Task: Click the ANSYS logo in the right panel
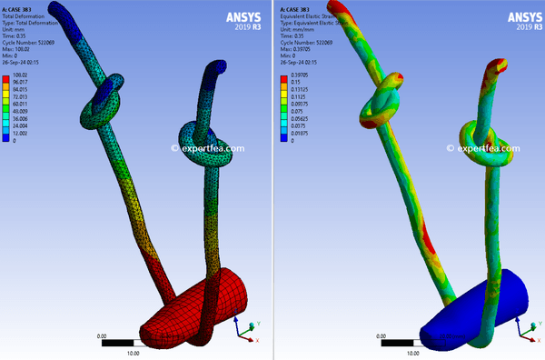[x=510, y=19]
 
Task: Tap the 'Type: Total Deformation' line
[x=33, y=22]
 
